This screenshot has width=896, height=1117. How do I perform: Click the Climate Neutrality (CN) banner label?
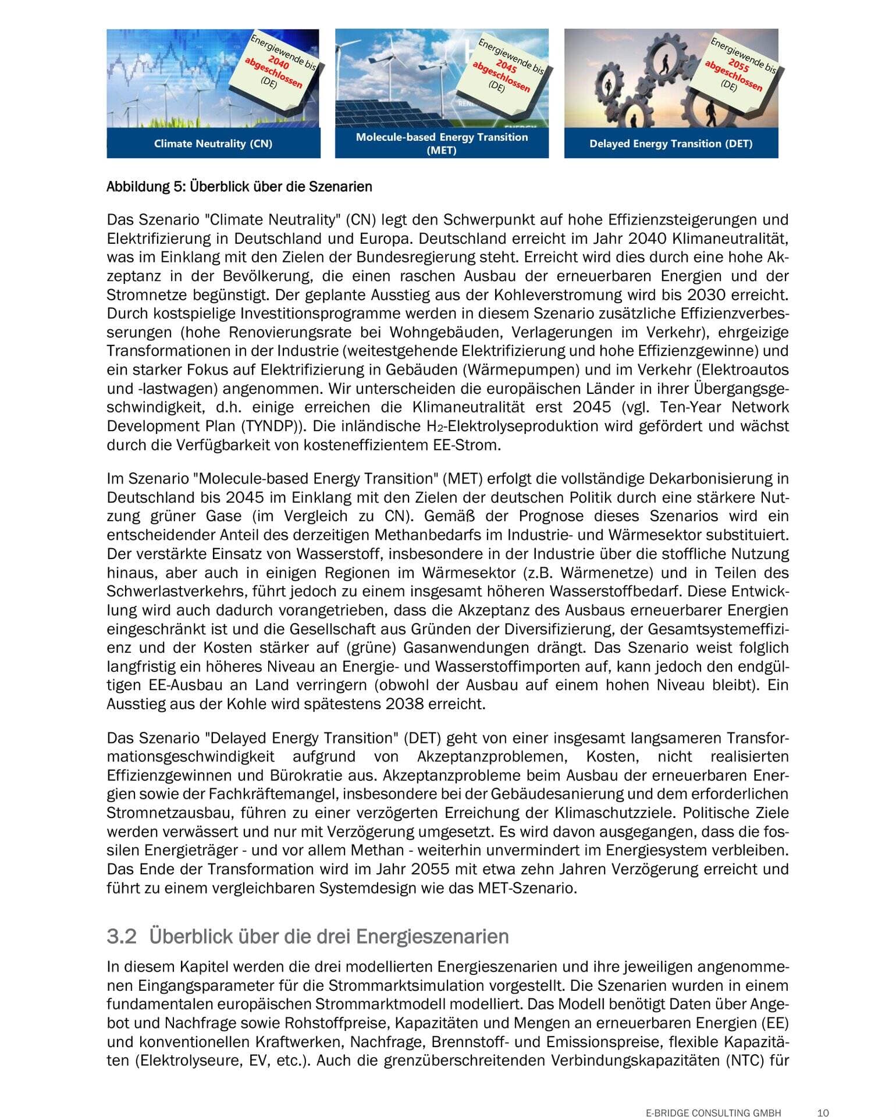click(x=213, y=144)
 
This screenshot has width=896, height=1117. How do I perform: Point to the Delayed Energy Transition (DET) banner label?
click(x=671, y=144)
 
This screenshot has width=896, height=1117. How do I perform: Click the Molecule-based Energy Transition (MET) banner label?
click(x=442, y=143)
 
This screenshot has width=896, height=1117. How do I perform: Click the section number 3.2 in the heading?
click(x=121, y=936)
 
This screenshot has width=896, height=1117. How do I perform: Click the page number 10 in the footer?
click(x=823, y=1096)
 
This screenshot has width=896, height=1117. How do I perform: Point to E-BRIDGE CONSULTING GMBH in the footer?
click(x=713, y=1096)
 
